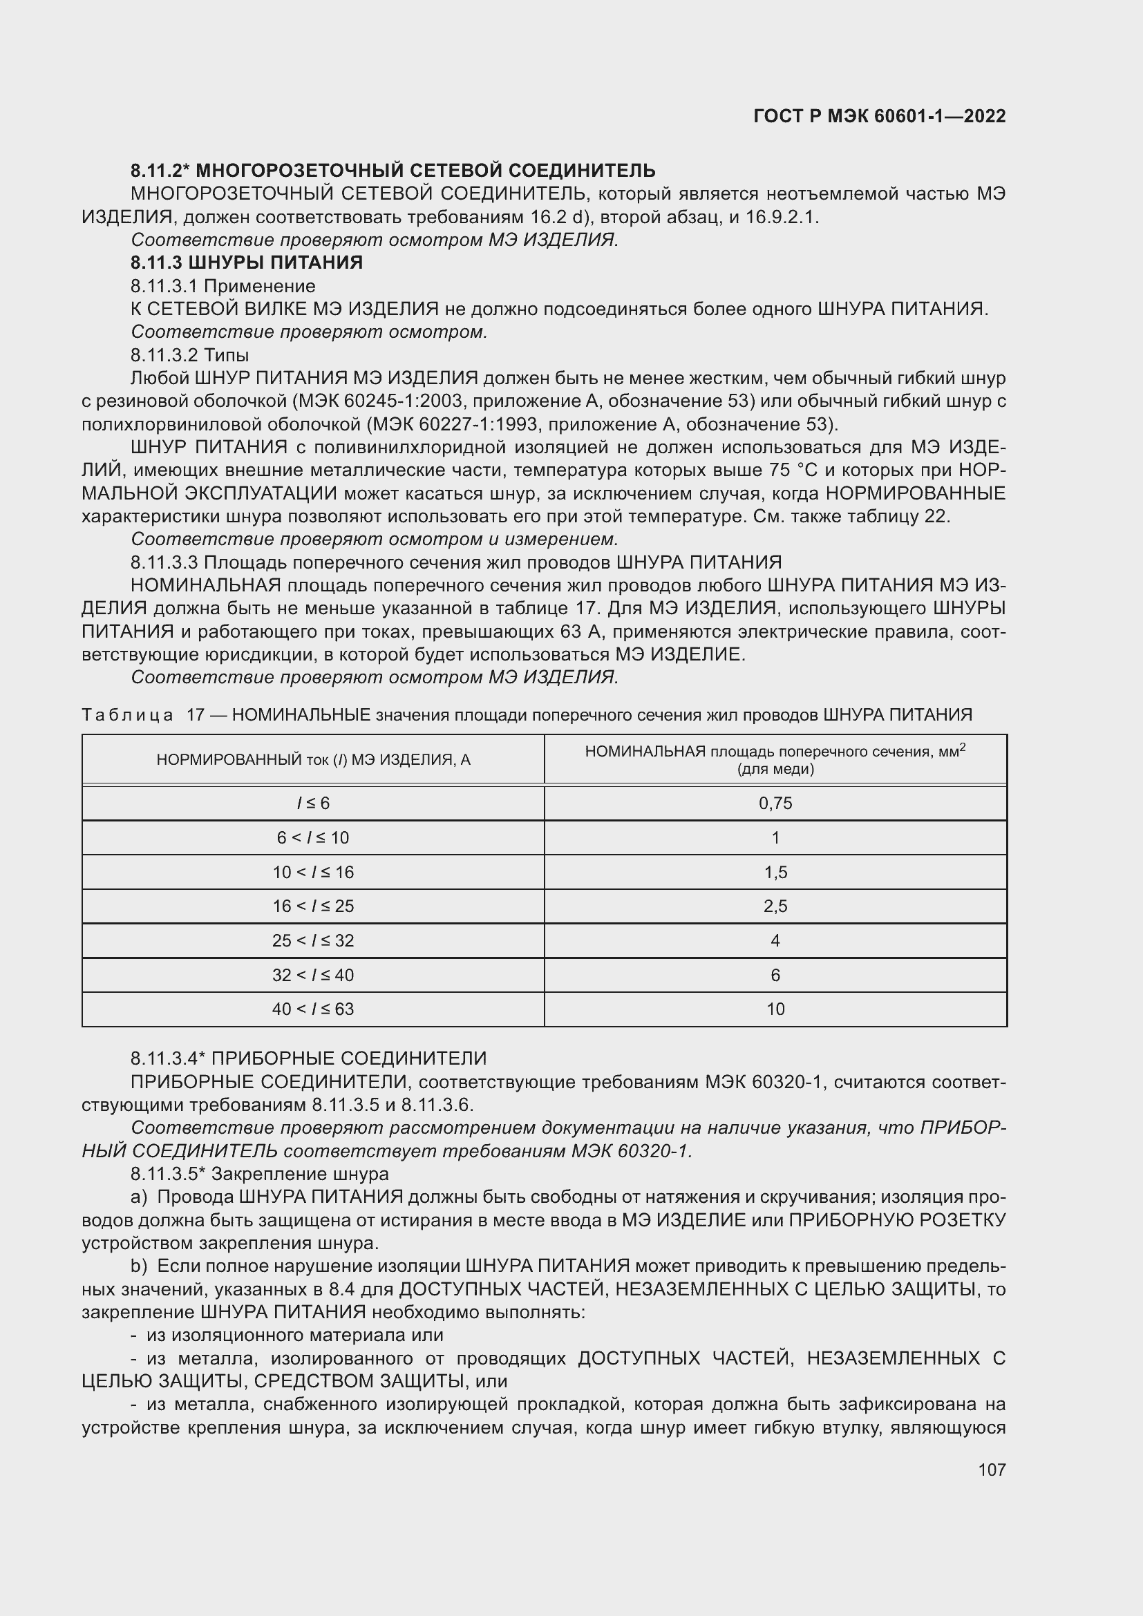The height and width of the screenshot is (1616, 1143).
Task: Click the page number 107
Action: pos(992,1470)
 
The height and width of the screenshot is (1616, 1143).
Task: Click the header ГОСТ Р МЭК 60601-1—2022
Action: pos(879,116)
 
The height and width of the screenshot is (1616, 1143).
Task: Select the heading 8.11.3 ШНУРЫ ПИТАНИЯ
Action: pos(246,263)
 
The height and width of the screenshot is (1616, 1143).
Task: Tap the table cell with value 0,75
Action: pos(775,803)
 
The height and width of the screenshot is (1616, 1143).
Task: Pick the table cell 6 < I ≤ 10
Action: pos(312,837)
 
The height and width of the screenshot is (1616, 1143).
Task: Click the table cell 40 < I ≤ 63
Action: pos(312,1009)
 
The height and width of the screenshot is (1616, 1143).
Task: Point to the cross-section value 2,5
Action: pos(775,906)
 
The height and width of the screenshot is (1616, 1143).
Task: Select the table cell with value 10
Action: pos(775,1009)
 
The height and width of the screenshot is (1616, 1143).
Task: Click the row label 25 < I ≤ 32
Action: pos(312,940)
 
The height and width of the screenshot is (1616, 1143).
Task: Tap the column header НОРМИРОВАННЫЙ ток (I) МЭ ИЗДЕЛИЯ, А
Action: pos(313,759)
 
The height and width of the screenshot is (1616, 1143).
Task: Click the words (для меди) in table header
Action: pos(775,768)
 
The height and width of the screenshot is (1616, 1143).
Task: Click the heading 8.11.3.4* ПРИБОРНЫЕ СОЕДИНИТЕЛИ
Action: pos(308,1058)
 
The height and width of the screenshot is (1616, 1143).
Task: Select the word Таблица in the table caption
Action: pos(127,715)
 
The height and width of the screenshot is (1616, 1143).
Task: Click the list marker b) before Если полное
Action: pos(139,1266)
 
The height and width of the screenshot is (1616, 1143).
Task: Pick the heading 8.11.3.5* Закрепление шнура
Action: pos(259,1174)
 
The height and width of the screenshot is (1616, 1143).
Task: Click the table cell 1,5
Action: pos(775,872)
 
